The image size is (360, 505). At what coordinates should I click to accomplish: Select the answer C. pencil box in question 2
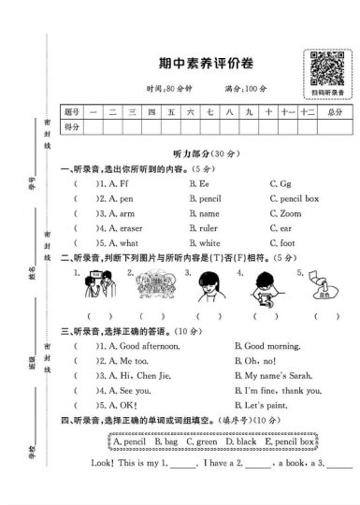[x=294, y=199]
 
